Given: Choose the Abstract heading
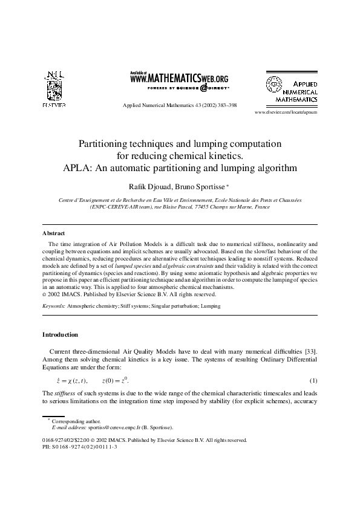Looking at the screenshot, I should coord(54,233).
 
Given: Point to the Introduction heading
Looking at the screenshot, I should coord(60,334).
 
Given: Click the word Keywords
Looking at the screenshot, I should coord(54,306).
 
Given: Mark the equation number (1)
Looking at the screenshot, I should coord(313,381).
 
